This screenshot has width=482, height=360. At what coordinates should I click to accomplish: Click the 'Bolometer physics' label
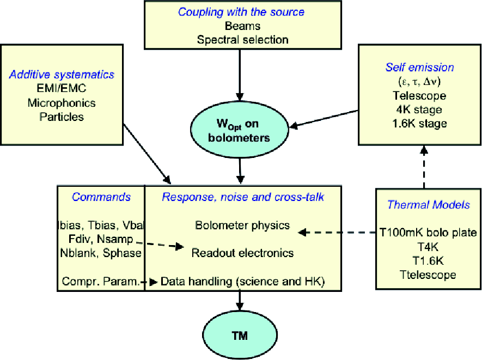[242, 225]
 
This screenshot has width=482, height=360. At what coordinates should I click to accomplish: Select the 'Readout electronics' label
[242, 253]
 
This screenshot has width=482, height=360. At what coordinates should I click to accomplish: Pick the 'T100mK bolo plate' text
[429, 233]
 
